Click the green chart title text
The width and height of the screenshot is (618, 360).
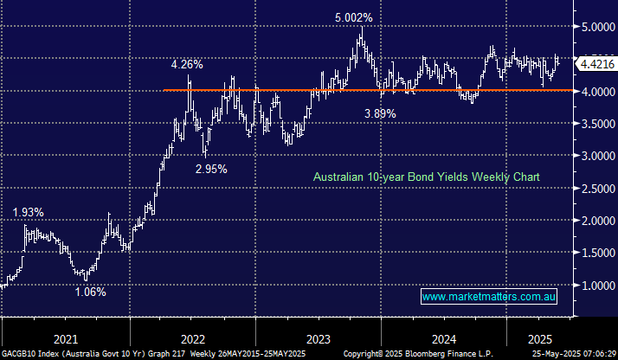(x=426, y=177)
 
